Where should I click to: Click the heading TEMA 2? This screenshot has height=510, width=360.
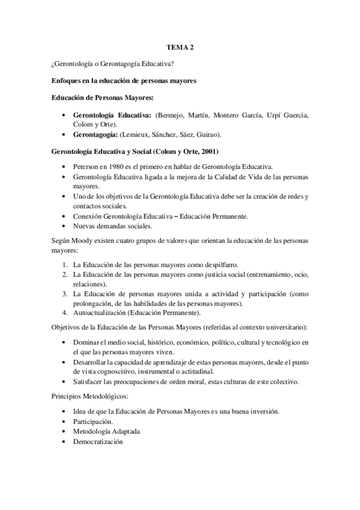180,45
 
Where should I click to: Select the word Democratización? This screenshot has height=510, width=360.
97,442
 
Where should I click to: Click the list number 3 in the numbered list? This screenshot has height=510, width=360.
65,294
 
